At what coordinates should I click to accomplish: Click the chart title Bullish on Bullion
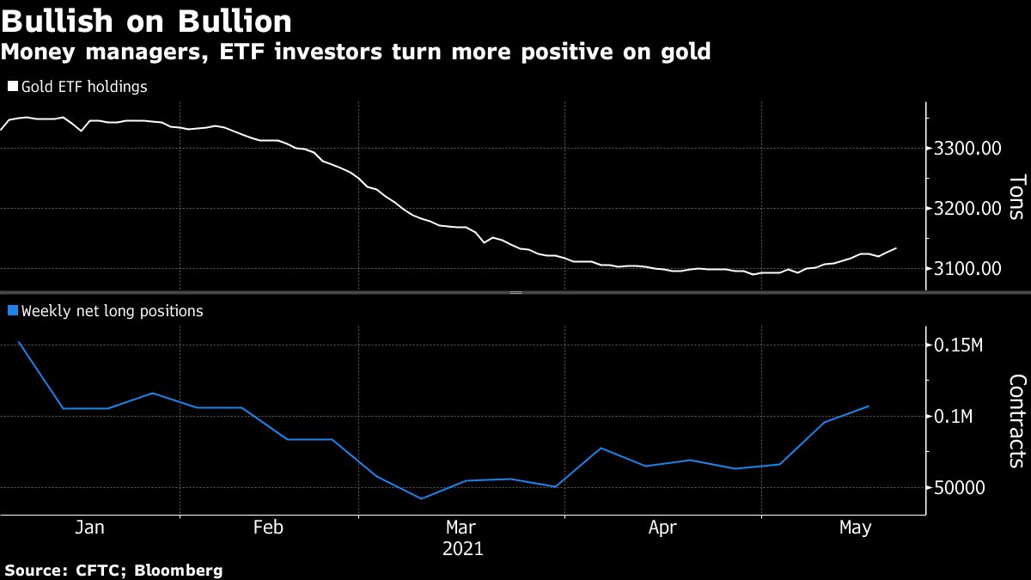point(146,20)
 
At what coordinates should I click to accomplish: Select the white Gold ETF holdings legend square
point(12,87)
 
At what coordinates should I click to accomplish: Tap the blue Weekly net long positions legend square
point(12,311)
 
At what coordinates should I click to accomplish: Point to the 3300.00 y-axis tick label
point(967,149)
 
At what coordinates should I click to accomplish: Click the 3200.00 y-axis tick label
point(967,209)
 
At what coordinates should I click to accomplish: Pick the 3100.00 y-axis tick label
point(967,269)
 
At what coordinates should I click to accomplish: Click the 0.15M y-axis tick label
point(958,345)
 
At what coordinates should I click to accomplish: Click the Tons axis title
point(1016,197)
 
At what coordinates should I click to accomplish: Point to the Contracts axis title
point(1016,420)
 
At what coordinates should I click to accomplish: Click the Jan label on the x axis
point(89,528)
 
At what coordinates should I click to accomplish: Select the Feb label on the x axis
point(268,528)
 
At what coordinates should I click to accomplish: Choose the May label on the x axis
point(854,528)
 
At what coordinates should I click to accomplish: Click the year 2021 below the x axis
point(462,548)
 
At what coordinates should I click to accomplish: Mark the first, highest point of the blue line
point(19,342)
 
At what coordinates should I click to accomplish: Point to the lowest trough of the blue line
point(421,498)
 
